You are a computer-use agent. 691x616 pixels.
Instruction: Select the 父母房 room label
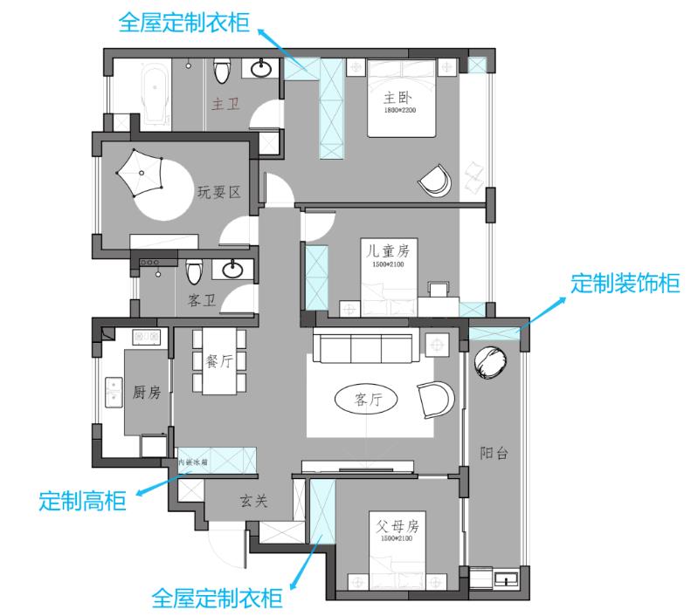(398, 527)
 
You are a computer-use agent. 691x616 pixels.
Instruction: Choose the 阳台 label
(494, 453)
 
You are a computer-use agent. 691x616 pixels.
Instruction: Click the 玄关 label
(252, 502)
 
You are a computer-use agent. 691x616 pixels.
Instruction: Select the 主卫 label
(225, 104)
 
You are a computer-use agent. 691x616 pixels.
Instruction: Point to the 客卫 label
(202, 302)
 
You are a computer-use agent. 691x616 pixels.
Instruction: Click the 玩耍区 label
(218, 192)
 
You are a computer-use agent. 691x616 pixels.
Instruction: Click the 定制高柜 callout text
(83, 501)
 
